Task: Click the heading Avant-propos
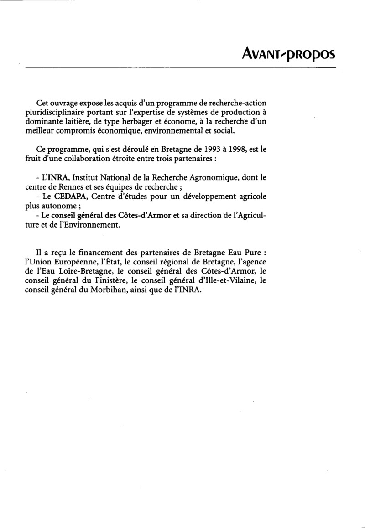288,54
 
